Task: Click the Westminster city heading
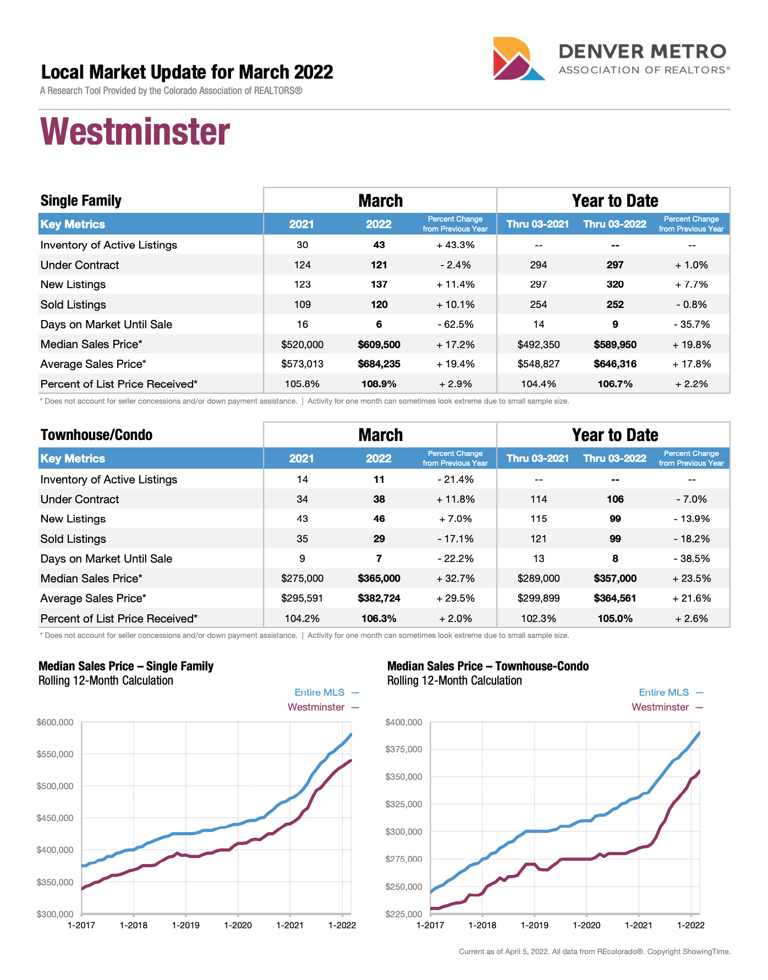point(135,133)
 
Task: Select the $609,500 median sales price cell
point(379,345)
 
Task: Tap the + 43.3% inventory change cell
point(455,245)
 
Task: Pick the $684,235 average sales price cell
point(379,364)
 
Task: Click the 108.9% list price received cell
point(379,384)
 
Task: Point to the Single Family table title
point(81,201)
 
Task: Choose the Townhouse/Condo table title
point(96,435)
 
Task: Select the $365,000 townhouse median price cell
point(379,579)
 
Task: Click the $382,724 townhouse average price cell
point(379,598)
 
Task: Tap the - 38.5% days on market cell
point(692,559)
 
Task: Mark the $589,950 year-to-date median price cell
point(615,345)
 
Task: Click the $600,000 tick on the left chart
point(55,722)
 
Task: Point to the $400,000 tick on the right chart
point(404,722)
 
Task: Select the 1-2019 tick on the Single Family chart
point(185,925)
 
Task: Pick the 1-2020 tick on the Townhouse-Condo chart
point(586,925)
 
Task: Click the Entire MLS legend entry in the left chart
point(320,692)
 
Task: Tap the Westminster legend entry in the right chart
point(660,707)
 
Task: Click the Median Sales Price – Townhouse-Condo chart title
point(487,667)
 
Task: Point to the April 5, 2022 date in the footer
point(526,951)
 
